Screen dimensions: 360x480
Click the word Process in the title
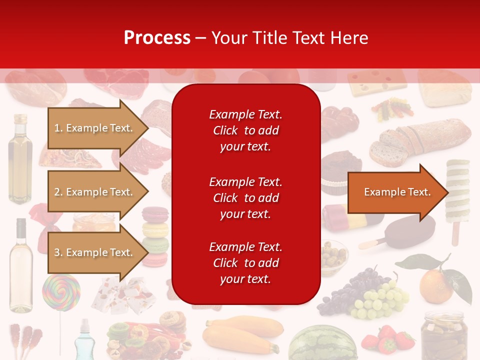click(x=157, y=38)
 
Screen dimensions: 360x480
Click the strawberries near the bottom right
click(x=387, y=340)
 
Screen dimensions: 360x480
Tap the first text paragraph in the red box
click(x=245, y=130)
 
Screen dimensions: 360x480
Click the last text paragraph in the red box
click(x=245, y=263)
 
